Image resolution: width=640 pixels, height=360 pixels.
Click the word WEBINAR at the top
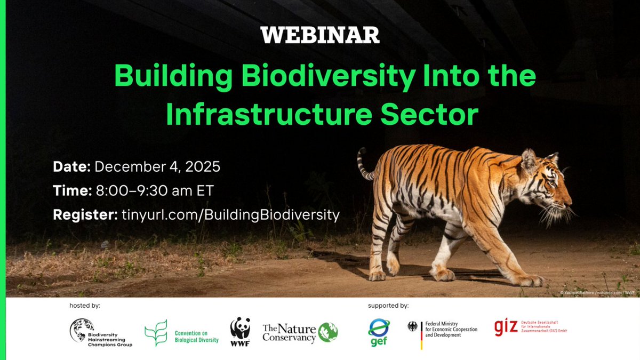[x=320, y=35]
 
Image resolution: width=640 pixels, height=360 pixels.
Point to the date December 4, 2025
[x=157, y=166]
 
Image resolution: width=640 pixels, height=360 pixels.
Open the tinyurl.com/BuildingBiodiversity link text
[x=229, y=215]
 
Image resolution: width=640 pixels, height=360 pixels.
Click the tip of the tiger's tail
[x=361, y=151]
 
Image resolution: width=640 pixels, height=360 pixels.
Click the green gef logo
[x=379, y=332]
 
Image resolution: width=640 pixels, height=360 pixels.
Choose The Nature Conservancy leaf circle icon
[x=328, y=332]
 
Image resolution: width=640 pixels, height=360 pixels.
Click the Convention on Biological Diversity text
[x=196, y=337]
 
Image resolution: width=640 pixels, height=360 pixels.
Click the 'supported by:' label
[x=388, y=306]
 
